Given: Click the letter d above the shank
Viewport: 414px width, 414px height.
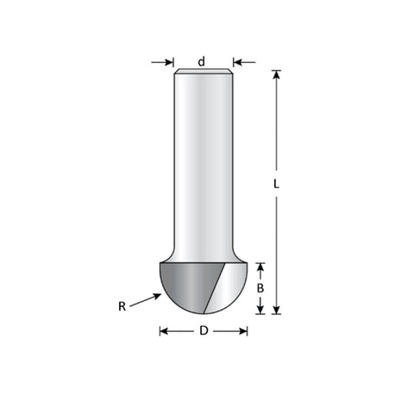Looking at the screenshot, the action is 202,61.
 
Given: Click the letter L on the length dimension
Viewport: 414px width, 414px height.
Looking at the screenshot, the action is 276,184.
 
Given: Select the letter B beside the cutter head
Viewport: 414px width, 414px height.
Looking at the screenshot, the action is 260,288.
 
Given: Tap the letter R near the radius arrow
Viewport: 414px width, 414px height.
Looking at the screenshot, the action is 122,306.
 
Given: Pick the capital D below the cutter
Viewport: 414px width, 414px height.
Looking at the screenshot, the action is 204,331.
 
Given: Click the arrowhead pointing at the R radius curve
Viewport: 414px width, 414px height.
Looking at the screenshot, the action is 157,296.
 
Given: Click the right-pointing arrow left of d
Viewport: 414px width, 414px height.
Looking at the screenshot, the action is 163,62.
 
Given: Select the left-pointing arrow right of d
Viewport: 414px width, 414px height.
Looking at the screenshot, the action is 244,62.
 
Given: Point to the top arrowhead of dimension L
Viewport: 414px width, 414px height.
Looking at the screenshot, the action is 276,74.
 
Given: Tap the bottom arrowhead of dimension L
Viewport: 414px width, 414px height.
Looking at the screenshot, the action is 276,310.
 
